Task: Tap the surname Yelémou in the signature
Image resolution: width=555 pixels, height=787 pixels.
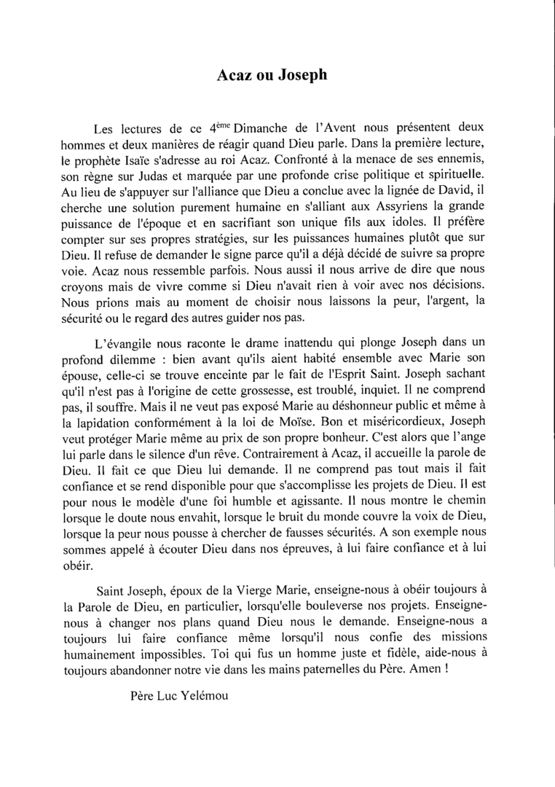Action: pos(199,697)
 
